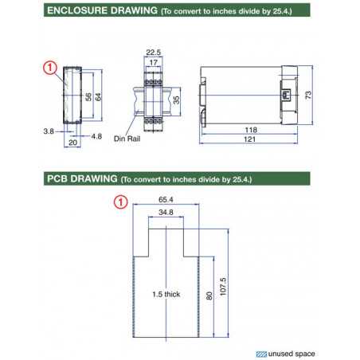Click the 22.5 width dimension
point(154,53)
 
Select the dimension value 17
point(154,63)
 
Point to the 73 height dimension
point(329,94)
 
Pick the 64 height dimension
point(100,97)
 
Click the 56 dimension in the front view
point(88,97)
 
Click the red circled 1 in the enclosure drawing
point(49,69)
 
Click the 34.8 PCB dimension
point(166,214)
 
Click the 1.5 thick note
point(166,295)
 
